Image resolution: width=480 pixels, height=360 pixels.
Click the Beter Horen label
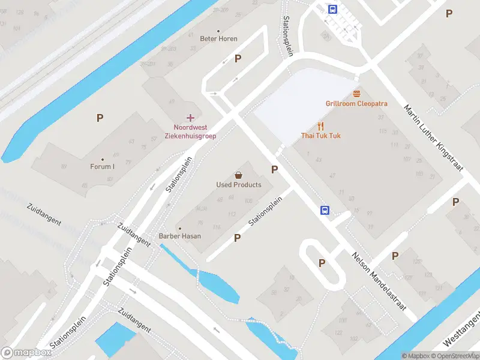[218, 38]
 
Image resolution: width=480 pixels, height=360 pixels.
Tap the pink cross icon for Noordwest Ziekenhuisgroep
[190, 118]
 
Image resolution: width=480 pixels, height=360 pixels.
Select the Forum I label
[102, 166]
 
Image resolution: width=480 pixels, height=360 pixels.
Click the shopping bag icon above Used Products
[239, 175]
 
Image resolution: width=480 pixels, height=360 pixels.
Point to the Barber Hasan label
[180, 236]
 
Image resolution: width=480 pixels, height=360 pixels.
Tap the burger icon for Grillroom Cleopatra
[356, 94]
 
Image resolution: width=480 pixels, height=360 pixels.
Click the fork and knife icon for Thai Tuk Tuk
[321, 126]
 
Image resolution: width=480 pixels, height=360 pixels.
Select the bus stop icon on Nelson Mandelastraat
[325, 210]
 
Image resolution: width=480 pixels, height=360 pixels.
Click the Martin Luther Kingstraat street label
[434, 139]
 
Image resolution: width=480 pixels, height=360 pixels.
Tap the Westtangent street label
[462, 334]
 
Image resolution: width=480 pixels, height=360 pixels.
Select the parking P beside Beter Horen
[238, 58]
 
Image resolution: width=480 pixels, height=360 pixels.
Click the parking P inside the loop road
[322, 263]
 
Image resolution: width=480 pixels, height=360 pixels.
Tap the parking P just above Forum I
[100, 118]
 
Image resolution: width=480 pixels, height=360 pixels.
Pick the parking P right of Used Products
[274, 169]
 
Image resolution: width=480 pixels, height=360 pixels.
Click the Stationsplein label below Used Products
[265, 211]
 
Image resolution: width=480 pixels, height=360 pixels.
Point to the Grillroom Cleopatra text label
[356, 103]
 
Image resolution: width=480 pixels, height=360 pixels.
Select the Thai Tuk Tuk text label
[321, 136]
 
